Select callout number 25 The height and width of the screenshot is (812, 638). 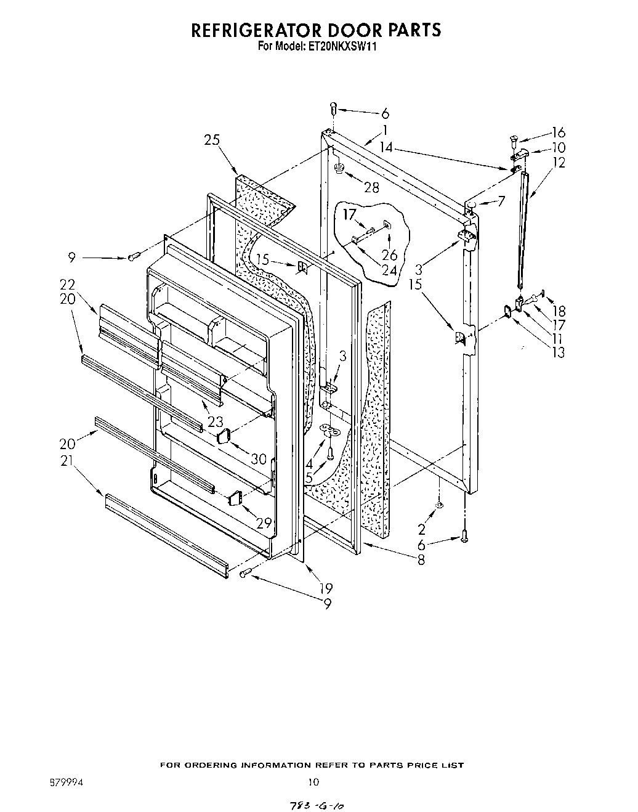click(212, 140)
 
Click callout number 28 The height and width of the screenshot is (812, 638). click(371, 187)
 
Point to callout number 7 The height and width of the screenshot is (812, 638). click(501, 201)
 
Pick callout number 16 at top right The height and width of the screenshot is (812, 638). click(558, 132)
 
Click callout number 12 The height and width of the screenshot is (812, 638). click(559, 163)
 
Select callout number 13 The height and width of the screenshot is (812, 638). click(558, 352)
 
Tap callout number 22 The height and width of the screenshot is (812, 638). click(67, 285)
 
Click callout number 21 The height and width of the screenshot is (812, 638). click(67, 458)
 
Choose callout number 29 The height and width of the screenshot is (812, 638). click(264, 523)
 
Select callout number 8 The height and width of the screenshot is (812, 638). click(421, 560)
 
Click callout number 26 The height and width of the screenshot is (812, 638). click(389, 255)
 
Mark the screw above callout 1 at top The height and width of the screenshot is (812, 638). click(333, 108)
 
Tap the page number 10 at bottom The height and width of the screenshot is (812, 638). click(313, 782)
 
